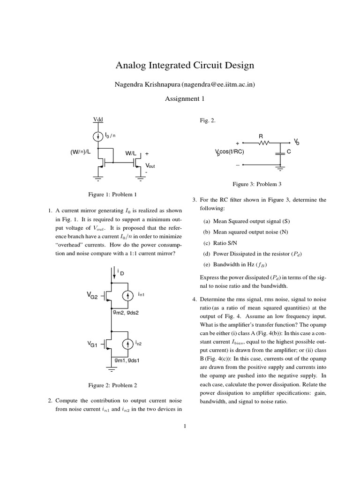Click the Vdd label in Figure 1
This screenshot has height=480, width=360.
(x=98, y=120)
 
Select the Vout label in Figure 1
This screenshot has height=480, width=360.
(x=150, y=166)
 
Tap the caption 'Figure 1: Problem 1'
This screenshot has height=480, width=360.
(x=112, y=194)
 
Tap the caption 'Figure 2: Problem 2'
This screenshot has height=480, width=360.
(x=112, y=385)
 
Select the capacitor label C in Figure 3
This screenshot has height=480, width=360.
(x=289, y=152)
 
